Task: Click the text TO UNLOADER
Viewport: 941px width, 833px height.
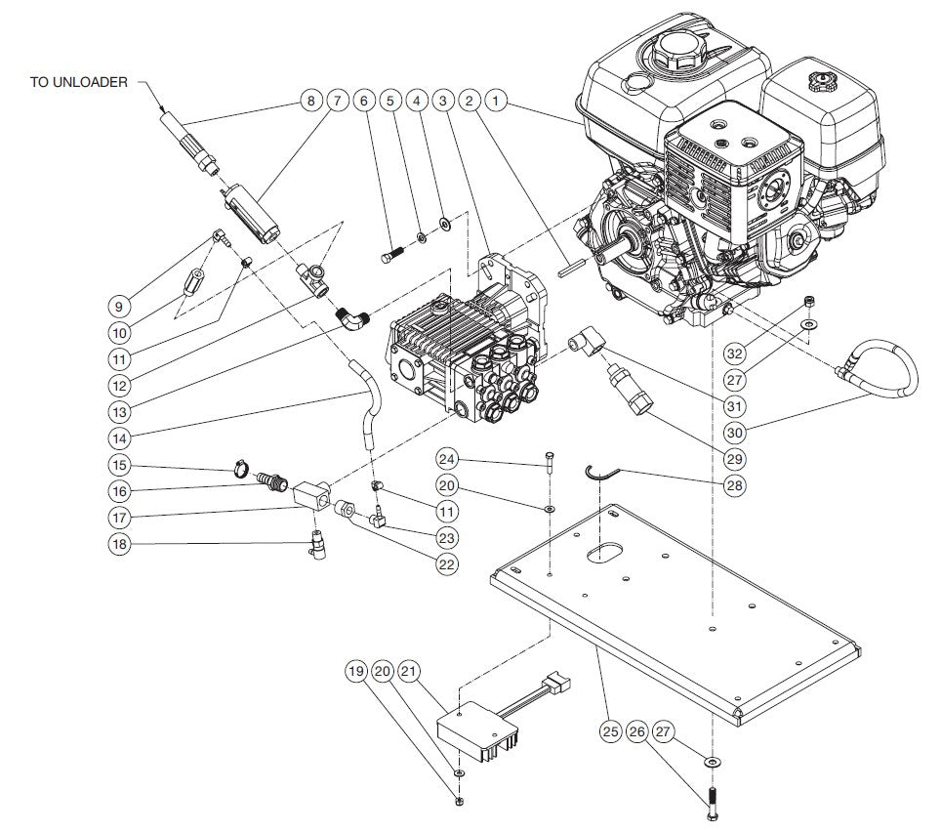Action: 78,82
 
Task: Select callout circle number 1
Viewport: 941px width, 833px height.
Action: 498,101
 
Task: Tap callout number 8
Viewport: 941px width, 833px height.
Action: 310,101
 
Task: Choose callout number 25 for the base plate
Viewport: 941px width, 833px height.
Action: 611,729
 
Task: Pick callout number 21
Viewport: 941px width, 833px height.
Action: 410,672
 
